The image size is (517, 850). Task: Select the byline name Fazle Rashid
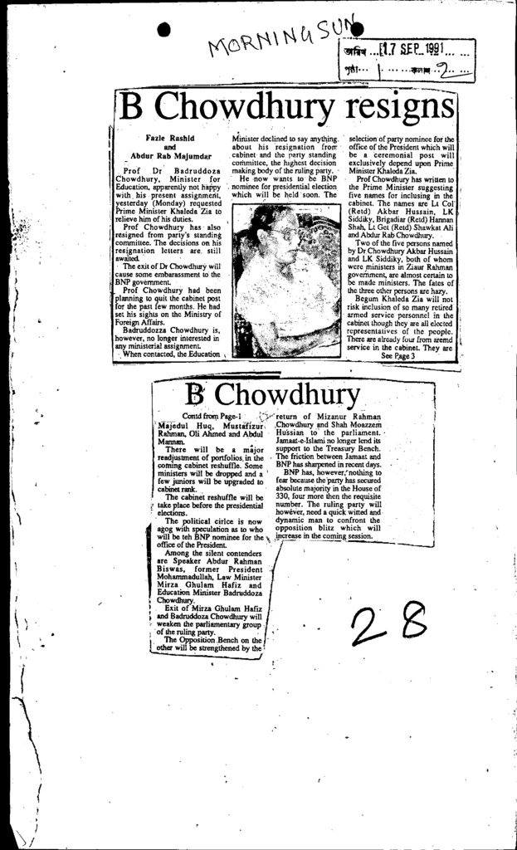[170, 138]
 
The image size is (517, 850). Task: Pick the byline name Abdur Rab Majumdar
[170, 155]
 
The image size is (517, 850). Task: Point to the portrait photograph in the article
[286, 281]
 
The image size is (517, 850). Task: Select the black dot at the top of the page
[163, 29]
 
